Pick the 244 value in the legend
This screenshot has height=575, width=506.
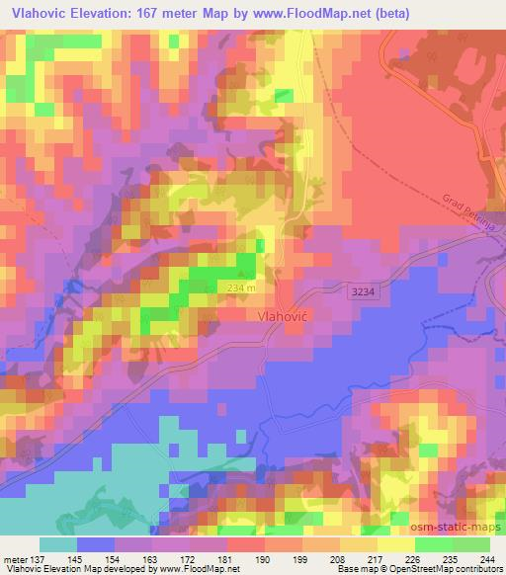pyautogui.click(x=489, y=559)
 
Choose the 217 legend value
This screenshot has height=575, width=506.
pyautogui.click(x=377, y=559)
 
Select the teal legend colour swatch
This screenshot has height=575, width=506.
pyautogui.click(x=57, y=544)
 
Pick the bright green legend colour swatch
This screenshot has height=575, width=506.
pyautogui.click(x=433, y=544)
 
